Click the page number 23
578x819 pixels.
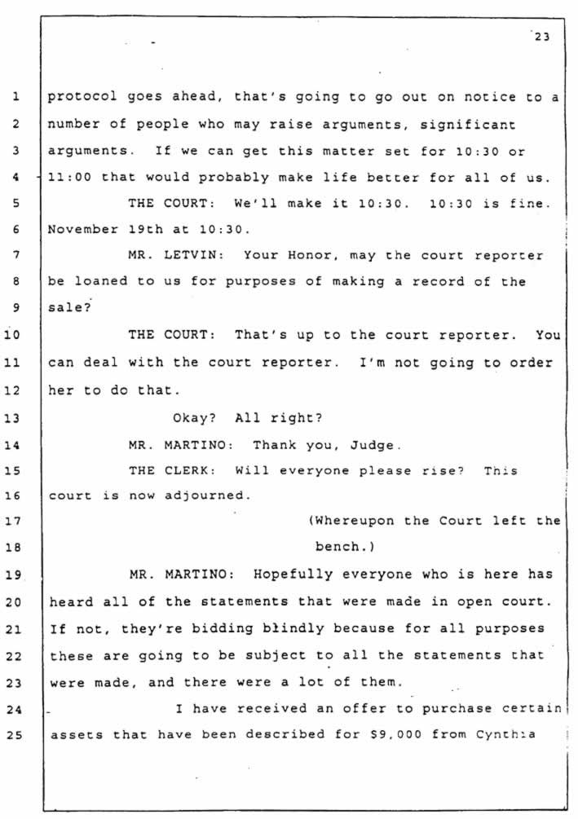point(542,37)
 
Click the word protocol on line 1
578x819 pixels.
point(82,97)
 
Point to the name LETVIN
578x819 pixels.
point(194,255)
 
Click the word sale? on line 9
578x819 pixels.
point(69,308)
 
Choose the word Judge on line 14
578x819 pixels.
point(376,446)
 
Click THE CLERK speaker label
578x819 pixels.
point(173,470)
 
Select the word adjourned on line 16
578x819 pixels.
point(208,495)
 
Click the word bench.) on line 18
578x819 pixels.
point(345,547)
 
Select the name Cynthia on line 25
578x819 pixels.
point(505,734)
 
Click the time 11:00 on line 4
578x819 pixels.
point(69,178)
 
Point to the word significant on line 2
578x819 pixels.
point(468,125)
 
